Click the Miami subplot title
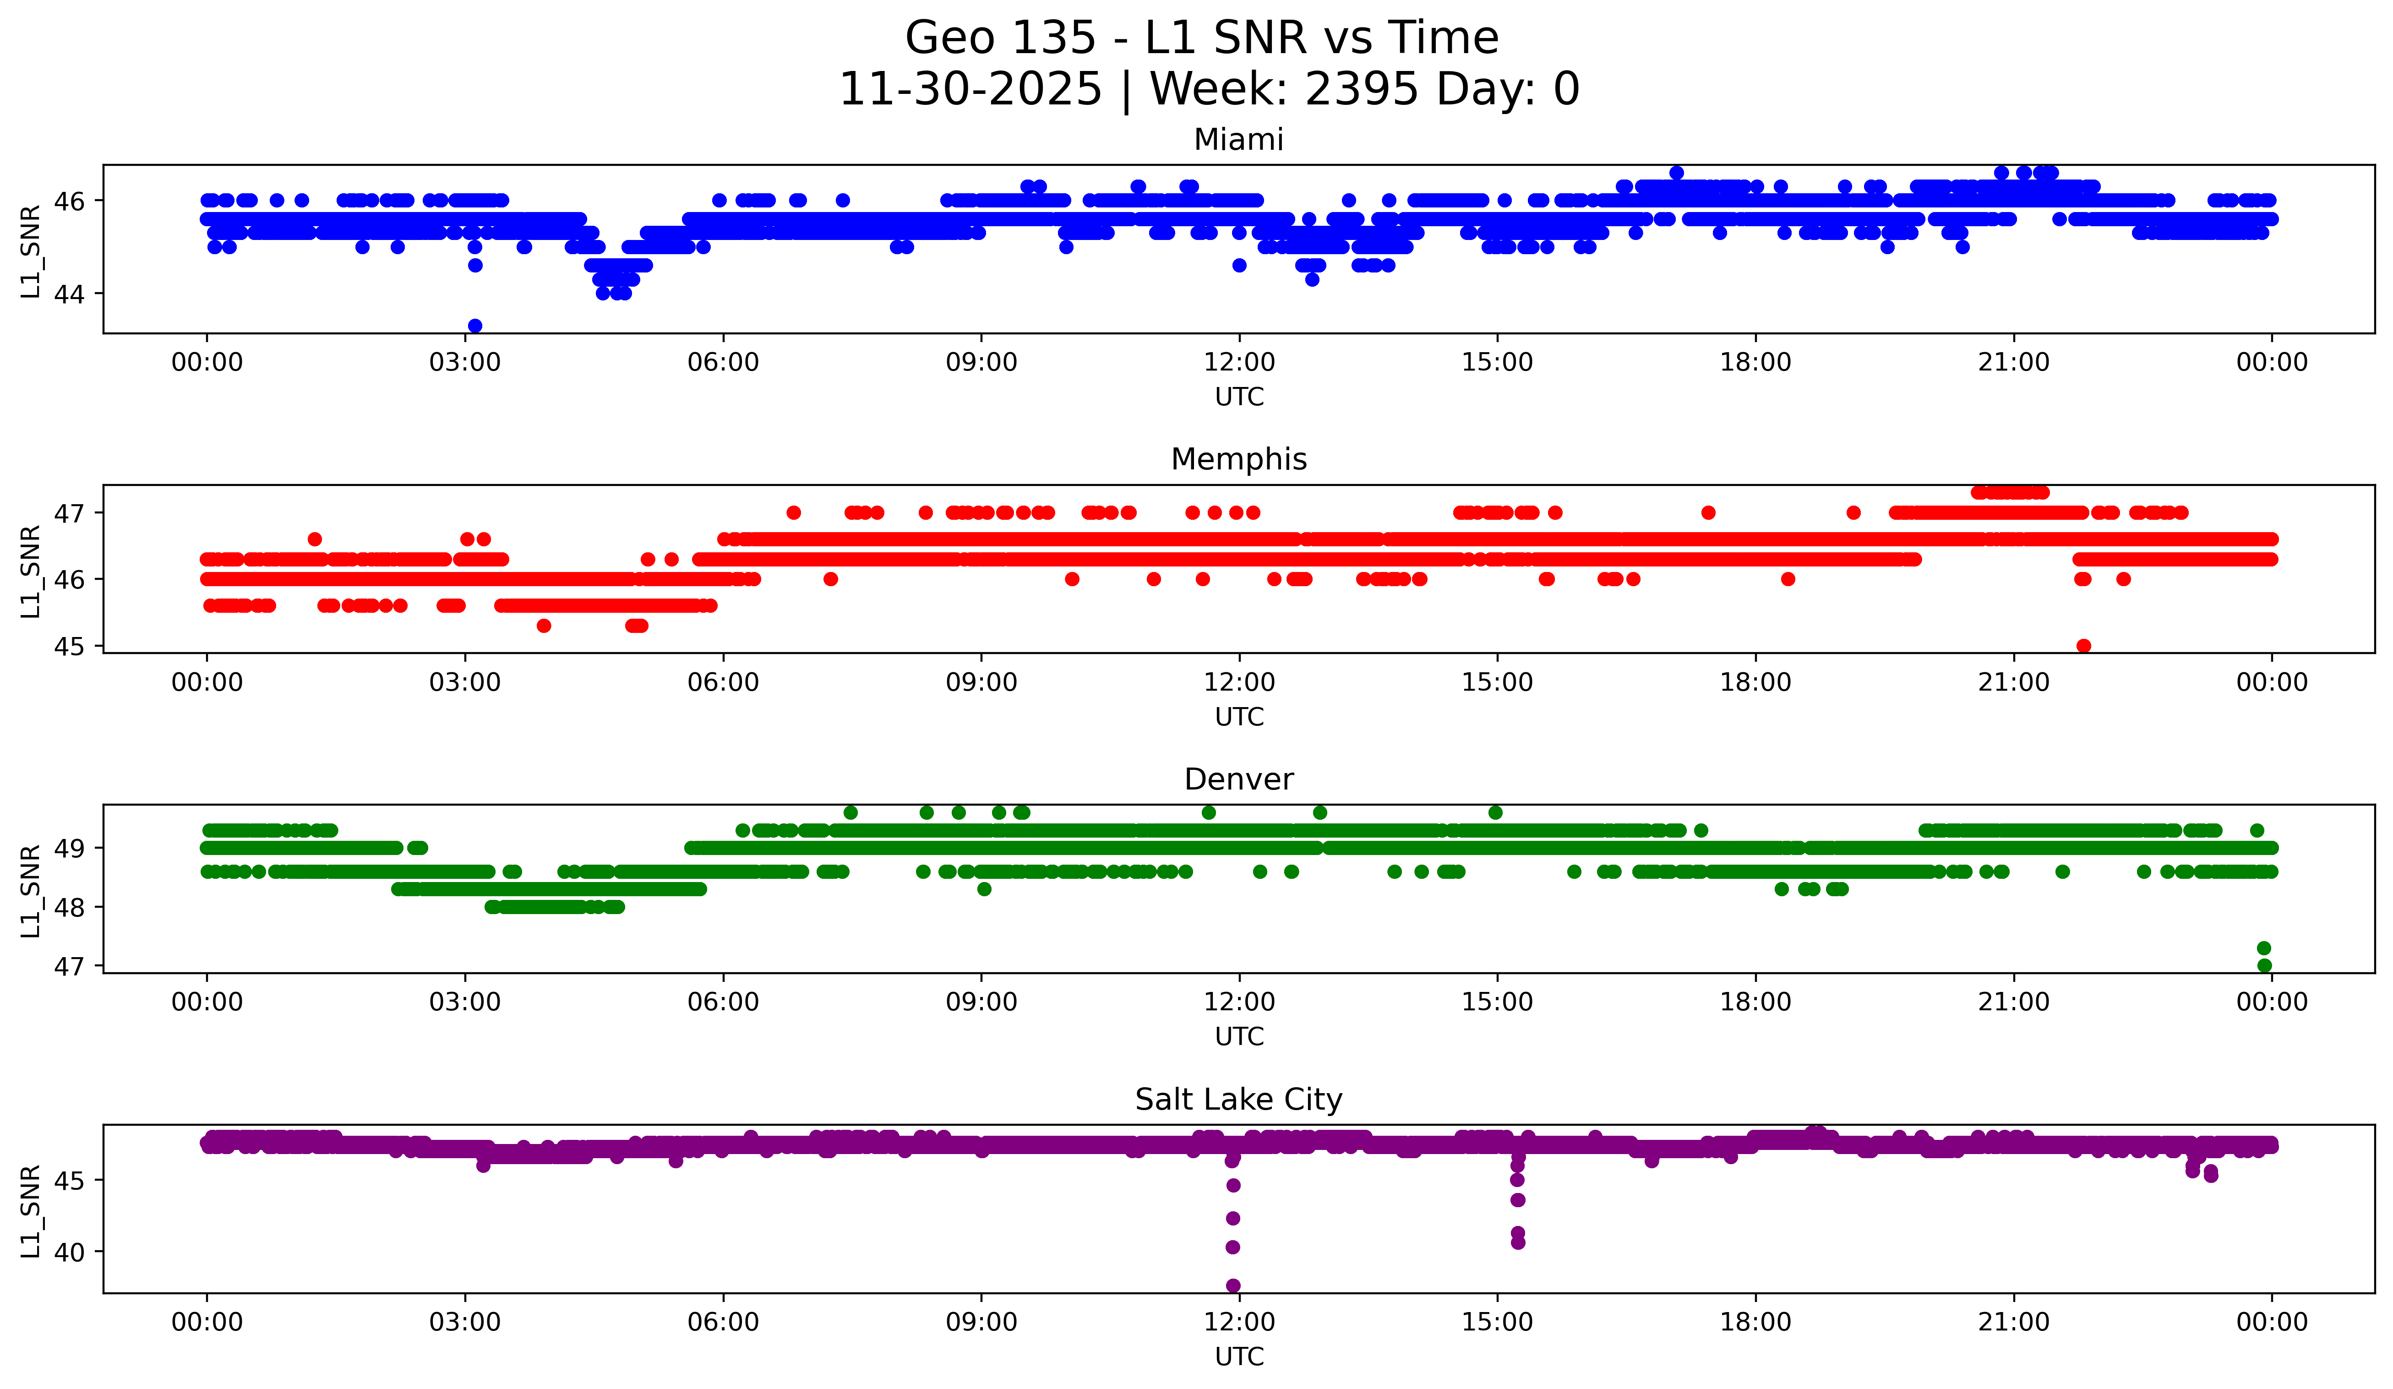(x=1238, y=140)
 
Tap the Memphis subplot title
(x=1238, y=459)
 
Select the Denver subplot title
(x=1238, y=779)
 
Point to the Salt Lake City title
(x=1238, y=1100)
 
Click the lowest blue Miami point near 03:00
(x=475, y=326)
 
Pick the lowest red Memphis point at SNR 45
(x=2083, y=646)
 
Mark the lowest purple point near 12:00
(x=1232, y=1286)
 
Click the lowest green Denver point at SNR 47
(x=2264, y=965)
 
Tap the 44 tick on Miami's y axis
(x=68, y=294)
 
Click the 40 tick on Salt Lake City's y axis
(x=68, y=1252)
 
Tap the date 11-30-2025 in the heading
(x=970, y=89)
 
